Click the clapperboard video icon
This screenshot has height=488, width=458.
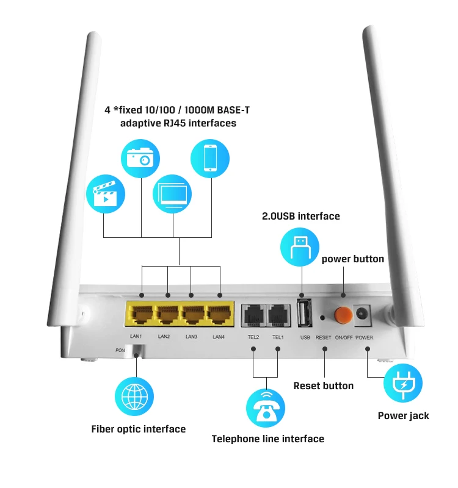click(106, 193)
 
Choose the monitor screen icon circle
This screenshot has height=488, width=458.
click(172, 193)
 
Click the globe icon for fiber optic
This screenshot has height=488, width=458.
click(134, 396)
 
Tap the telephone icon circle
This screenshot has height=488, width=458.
click(266, 407)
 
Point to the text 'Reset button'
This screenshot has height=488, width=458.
click(323, 386)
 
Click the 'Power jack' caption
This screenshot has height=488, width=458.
click(403, 415)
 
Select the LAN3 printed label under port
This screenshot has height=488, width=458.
click(191, 337)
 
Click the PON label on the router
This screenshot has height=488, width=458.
click(120, 350)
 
